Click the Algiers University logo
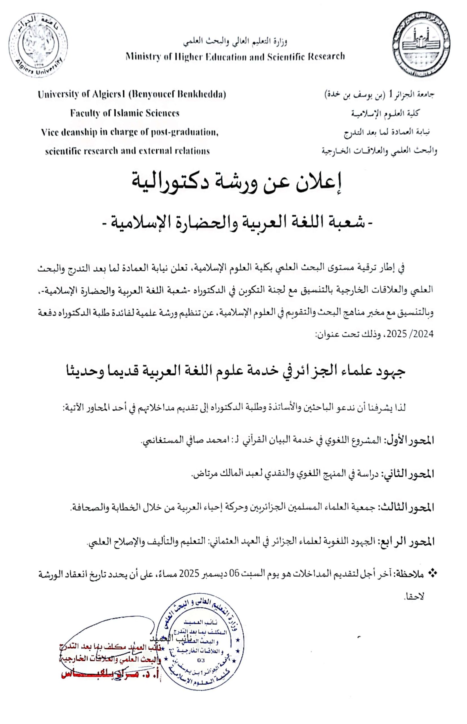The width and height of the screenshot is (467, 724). coord(38,45)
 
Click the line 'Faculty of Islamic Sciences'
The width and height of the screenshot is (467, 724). coord(125,113)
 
